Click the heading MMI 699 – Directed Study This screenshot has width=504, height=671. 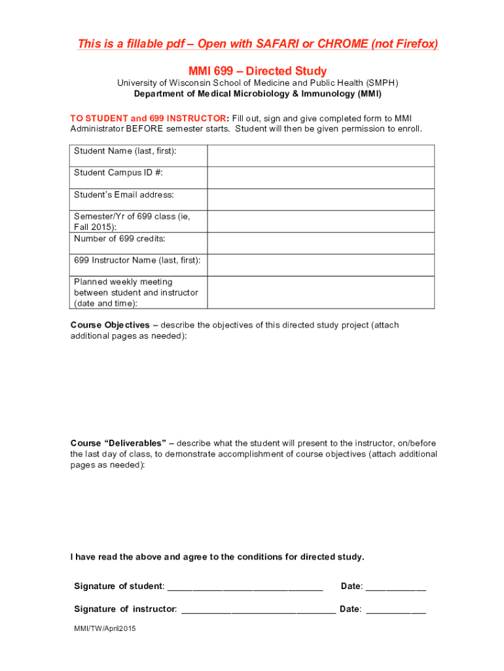(x=257, y=71)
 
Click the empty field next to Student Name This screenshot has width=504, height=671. (x=321, y=156)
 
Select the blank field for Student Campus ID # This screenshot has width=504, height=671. (x=321, y=178)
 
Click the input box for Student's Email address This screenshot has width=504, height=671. (x=321, y=199)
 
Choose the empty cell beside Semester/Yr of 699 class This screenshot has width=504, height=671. (x=321, y=221)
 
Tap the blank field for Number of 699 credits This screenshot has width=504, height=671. (x=321, y=243)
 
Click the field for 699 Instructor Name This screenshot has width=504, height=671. (x=321, y=265)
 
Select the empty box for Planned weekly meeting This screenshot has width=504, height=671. (x=321, y=292)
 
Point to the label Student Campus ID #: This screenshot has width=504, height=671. (x=118, y=173)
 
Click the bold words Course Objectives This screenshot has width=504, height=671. (x=110, y=325)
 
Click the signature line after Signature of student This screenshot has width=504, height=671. (x=245, y=587)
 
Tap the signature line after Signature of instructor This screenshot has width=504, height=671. (x=258, y=610)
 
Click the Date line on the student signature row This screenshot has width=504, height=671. (x=395, y=587)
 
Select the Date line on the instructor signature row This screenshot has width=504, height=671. (x=395, y=610)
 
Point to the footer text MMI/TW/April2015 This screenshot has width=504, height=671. (x=105, y=628)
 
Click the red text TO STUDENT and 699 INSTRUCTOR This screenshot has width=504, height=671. (x=149, y=118)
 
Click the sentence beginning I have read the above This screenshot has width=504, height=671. (x=217, y=557)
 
